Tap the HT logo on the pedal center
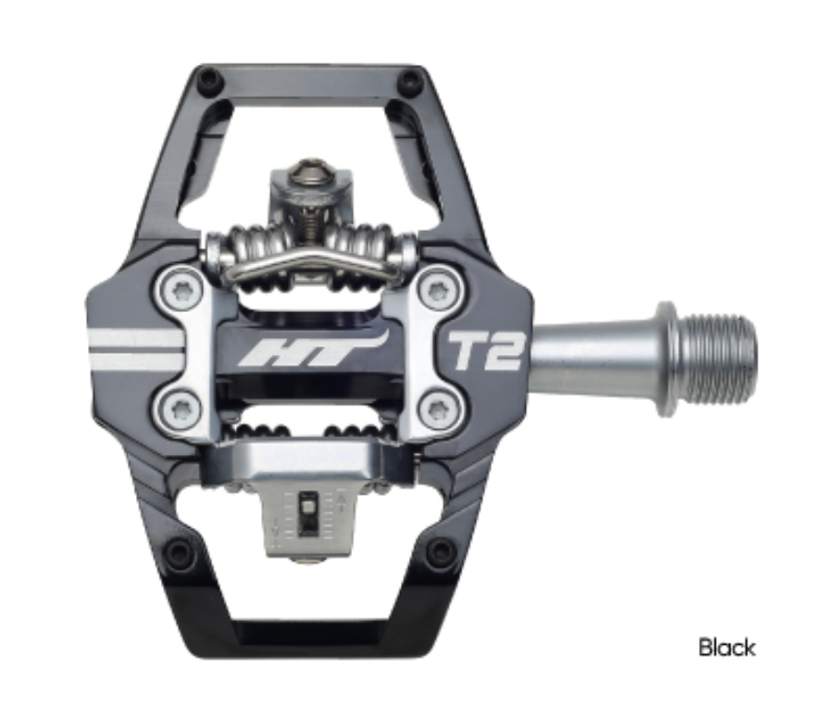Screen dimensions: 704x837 point(310,352)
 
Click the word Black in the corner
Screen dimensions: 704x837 point(727,647)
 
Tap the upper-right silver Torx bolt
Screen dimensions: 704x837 point(437,289)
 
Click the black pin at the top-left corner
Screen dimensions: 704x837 point(209,81)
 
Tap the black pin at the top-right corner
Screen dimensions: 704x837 point(409,81)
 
